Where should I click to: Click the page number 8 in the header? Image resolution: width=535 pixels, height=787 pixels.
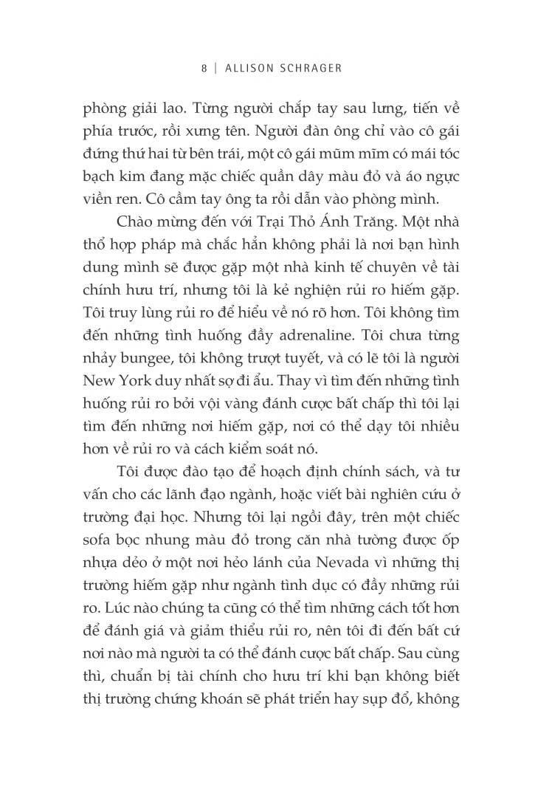[x=204, y=67]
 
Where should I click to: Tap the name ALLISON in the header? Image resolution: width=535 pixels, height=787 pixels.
[x=246, y=67]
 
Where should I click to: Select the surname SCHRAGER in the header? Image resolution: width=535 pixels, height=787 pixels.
[x=307, y=67]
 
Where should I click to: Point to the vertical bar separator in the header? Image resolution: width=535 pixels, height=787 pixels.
[x=215, y=67]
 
